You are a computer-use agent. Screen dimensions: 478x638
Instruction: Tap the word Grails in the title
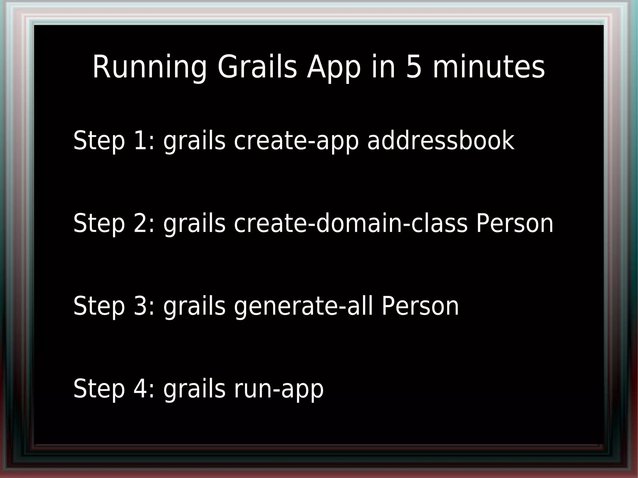[257, 67]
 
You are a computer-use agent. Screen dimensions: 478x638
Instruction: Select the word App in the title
[334, 67]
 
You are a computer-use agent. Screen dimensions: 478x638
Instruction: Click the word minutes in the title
[489, 67]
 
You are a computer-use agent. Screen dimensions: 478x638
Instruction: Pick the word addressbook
[441, 140]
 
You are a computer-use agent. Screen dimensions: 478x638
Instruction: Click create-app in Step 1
[296, 141]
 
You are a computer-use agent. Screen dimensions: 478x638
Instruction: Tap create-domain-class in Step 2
[351, 223]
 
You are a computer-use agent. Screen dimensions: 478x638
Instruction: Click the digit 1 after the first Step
[140, 140]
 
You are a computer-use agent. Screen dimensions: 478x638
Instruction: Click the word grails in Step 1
[194, 141]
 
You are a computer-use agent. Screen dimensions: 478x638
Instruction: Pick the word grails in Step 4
[194, 389]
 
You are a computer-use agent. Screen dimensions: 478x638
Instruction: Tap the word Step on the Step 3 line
[99, 306]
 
